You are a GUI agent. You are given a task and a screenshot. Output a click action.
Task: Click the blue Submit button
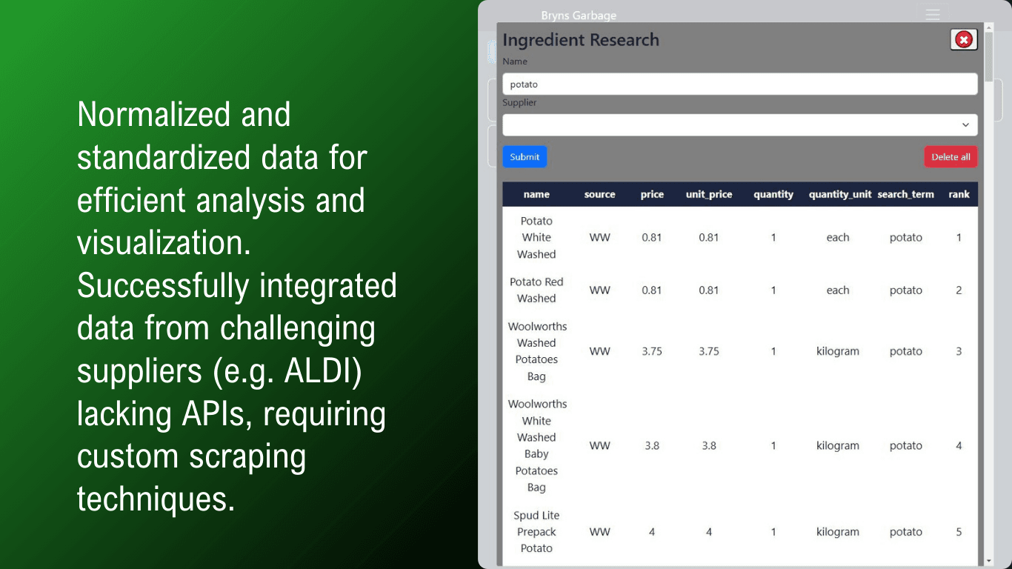525,157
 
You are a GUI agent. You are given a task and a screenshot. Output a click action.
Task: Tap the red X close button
964,40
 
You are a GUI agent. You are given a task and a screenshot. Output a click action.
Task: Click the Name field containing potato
740,84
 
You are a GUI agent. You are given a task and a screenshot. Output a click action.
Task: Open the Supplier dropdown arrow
965,124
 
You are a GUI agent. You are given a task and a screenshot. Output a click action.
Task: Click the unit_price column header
709,194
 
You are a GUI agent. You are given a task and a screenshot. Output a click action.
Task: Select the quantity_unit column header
840,194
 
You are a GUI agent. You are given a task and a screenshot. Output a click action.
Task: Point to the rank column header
959,194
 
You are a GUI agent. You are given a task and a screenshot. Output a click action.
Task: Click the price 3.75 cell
652,351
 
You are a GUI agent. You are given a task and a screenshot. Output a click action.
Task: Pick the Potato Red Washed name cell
536,290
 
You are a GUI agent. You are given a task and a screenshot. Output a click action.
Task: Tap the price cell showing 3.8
652,445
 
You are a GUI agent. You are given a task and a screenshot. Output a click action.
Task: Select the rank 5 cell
959,532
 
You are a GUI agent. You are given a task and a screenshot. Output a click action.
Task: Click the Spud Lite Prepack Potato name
536,531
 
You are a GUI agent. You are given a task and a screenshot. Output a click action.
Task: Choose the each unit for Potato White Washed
838,237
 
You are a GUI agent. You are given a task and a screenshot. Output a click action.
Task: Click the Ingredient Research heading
581,40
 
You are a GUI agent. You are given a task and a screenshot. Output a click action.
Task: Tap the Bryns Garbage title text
579,16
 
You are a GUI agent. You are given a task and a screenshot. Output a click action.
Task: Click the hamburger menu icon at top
933,15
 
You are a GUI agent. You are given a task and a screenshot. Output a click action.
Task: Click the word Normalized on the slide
153,114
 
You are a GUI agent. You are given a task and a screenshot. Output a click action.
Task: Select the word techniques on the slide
156,499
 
